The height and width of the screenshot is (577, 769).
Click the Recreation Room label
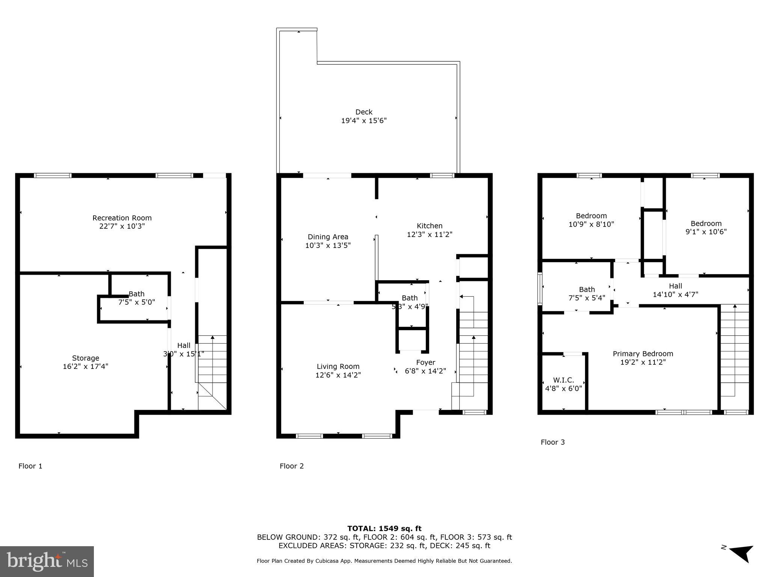pyautogui.click(x=122, y=218)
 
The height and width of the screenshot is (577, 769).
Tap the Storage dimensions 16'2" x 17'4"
pyautogui.click(x=86, y=366)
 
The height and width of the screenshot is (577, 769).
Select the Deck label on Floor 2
pyautogui.click(x=364, y=112)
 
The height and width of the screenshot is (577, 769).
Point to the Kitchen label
pyautogui.click(x=430, y=226)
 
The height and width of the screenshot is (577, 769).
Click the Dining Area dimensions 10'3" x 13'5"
pyautogui.click(x=328, y=245)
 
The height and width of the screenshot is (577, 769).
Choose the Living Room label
pyautogui.click(x=338, y=366)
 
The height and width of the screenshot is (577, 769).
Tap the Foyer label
pyautogui.click(x=425, y=363)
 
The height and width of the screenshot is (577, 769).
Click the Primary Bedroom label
pyautogui.click(x=643, y=353)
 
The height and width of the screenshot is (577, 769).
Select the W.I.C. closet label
pyautogui.click(x=563, y=380)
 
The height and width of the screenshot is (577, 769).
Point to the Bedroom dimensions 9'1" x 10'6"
pyautogui.click(x=706, y=232)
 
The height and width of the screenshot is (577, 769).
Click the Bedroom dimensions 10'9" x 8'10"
pyautogui.click(x=591, y=224)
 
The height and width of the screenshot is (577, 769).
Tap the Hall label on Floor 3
pyautogui.click(x=675, y=286)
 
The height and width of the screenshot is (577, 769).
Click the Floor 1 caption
pyautogui.click(x=30, y=466)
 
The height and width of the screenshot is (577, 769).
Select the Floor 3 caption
pyautogui.click(x=552, y=442)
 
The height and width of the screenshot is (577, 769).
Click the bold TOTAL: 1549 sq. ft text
pyautogui.click(x=384, y=529)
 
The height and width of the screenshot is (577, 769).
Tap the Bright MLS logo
pyautogui.click(x=47, y=561)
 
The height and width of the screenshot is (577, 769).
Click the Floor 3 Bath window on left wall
pyautogui.click(x=540, y=288)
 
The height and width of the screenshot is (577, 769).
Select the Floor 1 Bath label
pyautogui.click(x=136, y=294)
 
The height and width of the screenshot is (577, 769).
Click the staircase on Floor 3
pyautogui.click(x=734, y=351)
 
